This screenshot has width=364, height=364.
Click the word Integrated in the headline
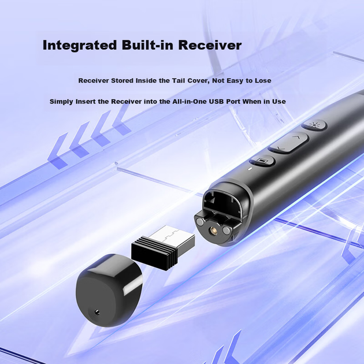(x=80, y=46)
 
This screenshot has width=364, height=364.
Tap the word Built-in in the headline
(x=148, y=45)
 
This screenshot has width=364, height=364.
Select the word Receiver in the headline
(x=210, y=45)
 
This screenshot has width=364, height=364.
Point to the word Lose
(x=263, y=80)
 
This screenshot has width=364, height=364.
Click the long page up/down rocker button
(x=288, y=143)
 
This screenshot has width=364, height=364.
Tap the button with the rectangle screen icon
(x=262, y=161)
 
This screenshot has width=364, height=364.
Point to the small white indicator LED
(x=250, y=169)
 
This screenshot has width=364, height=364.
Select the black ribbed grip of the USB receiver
(x=153, y=254)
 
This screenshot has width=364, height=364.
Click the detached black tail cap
(x=109, y=290)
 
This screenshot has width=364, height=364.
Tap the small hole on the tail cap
(x=97, y=313)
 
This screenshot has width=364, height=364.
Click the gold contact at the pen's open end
(x=212, y=231)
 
